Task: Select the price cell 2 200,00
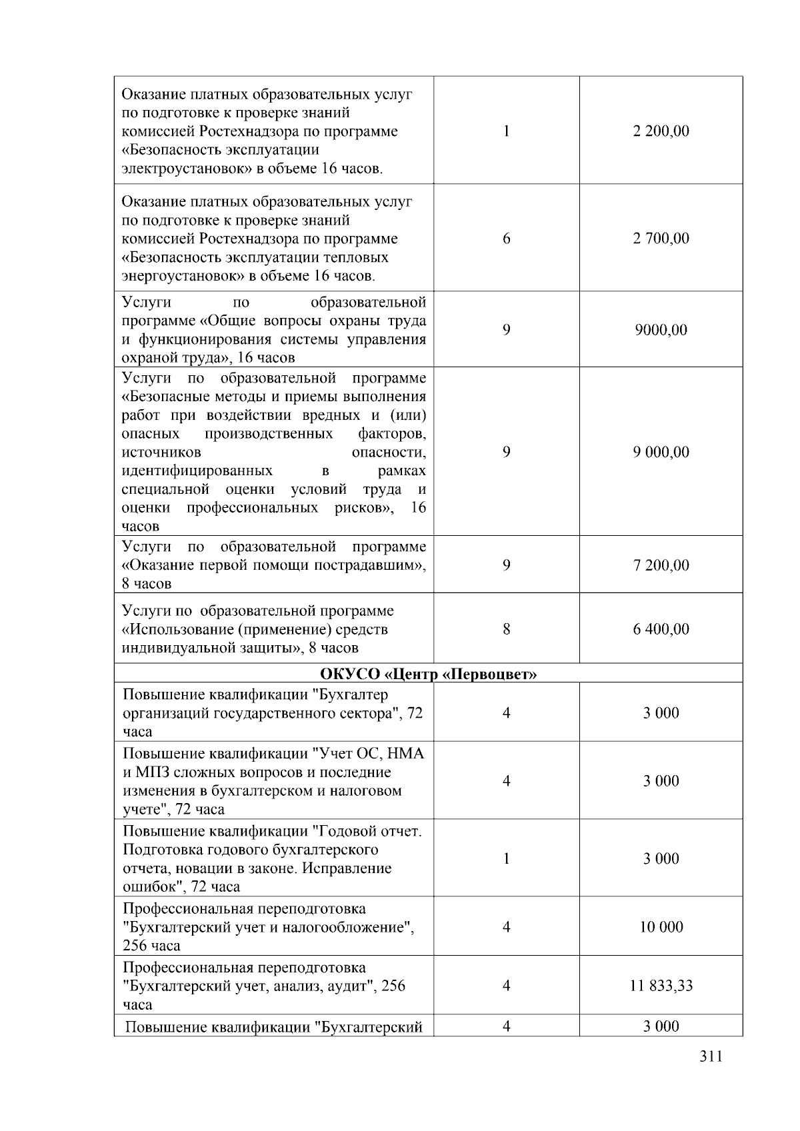661,131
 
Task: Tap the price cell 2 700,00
661,239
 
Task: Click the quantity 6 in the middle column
507,239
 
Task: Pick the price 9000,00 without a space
661,330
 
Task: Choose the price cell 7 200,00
661,565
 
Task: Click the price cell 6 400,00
661,629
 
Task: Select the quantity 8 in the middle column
507,629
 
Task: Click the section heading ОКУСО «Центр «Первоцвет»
429,674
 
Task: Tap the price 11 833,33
661,986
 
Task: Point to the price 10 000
661,927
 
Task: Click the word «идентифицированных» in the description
197,471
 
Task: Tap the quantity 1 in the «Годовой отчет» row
507,858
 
